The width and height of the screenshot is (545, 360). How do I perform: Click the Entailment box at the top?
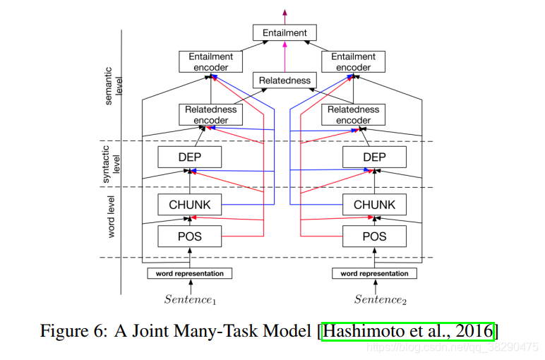(285, 32)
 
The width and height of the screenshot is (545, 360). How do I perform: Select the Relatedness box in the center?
(285, 80)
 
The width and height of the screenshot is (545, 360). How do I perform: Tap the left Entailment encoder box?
(211, 62)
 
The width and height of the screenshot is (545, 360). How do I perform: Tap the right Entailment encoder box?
(353, 62)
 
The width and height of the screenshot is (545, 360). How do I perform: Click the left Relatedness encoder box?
(211, 115)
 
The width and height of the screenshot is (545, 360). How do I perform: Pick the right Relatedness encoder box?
(353, 115)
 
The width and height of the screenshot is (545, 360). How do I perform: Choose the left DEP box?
(189, 157)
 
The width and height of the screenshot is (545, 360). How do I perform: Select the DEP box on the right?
(374, 157)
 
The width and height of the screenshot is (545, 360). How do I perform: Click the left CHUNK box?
(189, 205)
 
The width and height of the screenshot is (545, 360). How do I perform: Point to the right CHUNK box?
(374, 205)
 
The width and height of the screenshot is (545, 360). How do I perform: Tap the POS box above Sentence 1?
(189, 236)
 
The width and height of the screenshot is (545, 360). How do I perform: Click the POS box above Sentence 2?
(374, 236)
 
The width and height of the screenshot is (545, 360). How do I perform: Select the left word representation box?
(189, 273)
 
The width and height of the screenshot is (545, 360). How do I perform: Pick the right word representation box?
(374, 273)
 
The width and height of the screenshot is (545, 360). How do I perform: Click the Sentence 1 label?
(190, 299)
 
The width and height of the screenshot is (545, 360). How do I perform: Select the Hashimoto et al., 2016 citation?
(408, 330)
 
